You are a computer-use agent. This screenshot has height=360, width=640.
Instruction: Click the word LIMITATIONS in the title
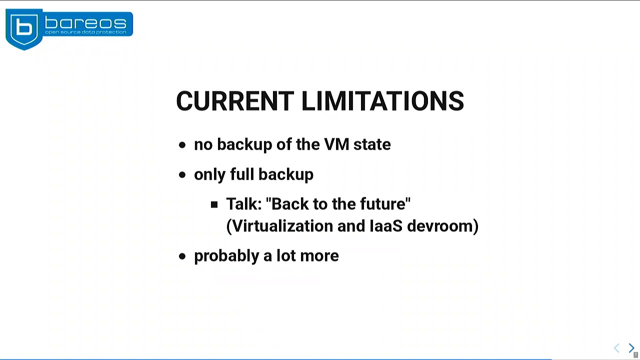[x=382, y=101]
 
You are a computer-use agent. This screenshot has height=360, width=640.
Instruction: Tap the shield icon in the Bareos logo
[x=24, y=29]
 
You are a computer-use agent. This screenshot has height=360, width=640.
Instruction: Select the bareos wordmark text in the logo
[x=85, y=22]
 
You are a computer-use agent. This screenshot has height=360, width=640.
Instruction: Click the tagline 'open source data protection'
[x=85, y=32]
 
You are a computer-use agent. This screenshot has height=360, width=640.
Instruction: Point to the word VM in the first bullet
[x=336, y=144]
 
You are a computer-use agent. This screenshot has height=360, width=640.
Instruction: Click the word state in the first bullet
[x=372, y=144]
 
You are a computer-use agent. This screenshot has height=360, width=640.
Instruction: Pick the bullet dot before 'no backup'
[x=182, y=145]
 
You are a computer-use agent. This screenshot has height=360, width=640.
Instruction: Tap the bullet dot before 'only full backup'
[x=182, y=175]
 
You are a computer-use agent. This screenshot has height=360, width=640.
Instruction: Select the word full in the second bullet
[x=242, y=174]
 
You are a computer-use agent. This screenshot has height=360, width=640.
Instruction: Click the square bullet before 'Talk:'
[x=214, y=204]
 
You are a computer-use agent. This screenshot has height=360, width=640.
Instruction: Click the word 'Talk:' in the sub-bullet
[x=244, y=204]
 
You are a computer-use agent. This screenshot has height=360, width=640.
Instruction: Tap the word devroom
[x=440, y=226]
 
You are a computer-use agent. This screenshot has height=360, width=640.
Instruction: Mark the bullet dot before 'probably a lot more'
[x=182, y=256]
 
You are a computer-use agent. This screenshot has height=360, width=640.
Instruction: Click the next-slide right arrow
[x=631, y=348]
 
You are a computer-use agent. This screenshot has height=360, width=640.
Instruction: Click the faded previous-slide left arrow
[x=616, y=348]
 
